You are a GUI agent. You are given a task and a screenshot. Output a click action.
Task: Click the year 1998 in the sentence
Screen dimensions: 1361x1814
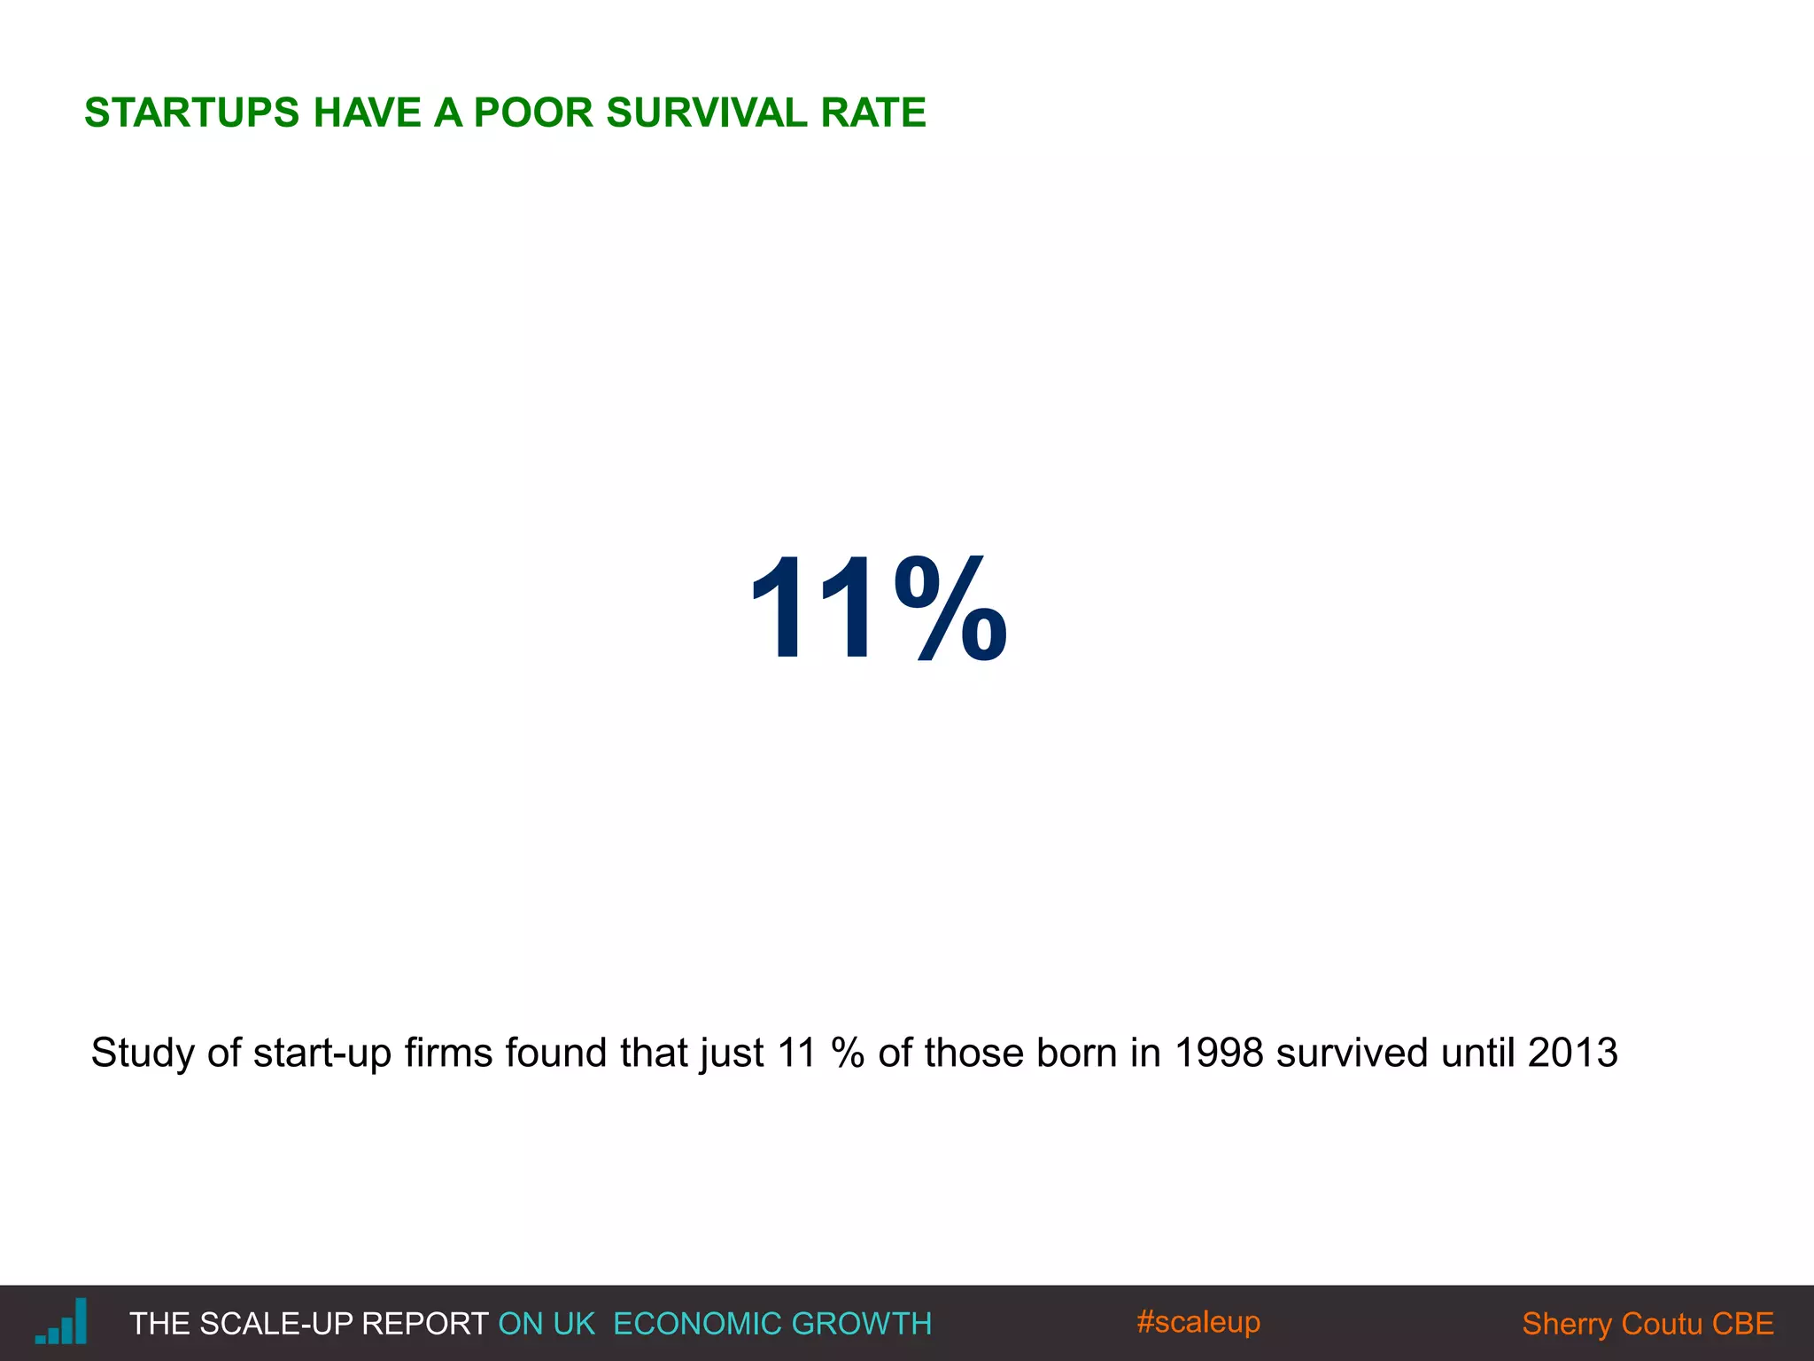click(1219, 1054)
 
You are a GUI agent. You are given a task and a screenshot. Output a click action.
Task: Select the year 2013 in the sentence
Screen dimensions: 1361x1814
click(1573, 1054)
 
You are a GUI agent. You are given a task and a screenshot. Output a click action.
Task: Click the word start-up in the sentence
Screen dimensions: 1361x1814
click(322, 1054)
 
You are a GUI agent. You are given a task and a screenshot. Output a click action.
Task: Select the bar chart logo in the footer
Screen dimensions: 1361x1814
click(62, 1322)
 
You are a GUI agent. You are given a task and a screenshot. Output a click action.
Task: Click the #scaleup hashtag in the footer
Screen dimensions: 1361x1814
click(1198, 1322)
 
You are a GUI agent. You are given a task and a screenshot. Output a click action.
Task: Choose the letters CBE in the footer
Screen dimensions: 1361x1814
click(1742, 1324)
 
